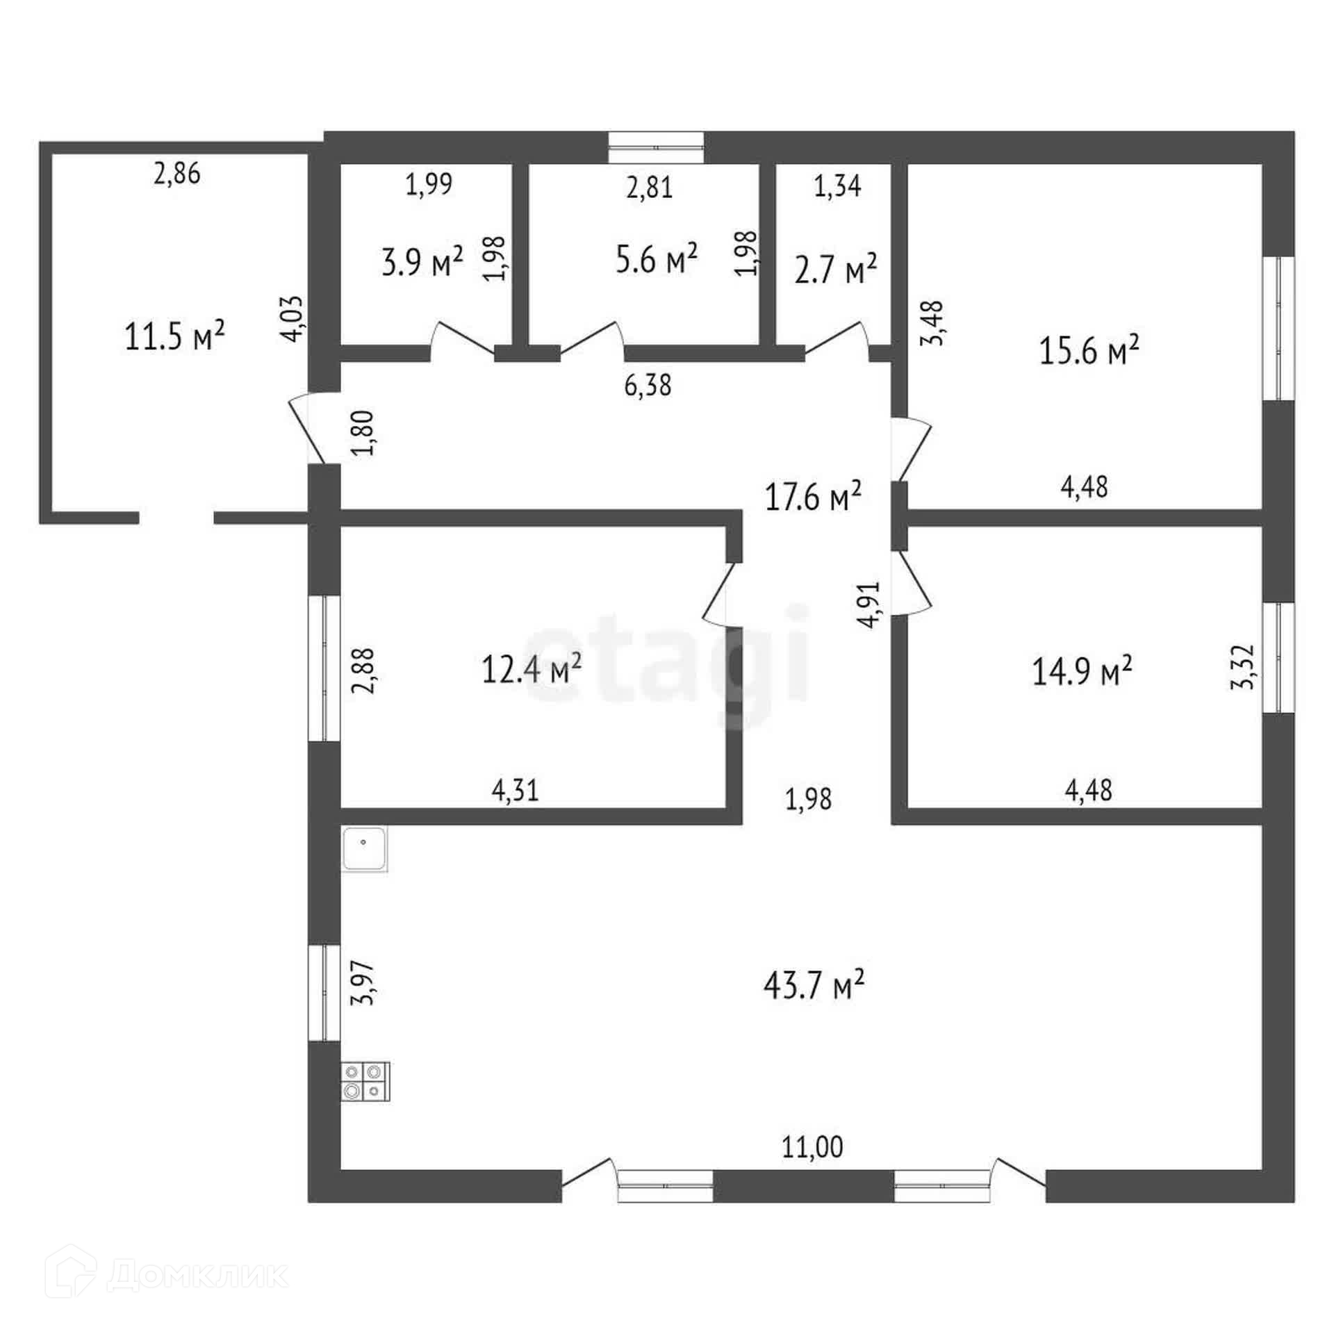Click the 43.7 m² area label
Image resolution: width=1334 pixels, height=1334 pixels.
[814, 985]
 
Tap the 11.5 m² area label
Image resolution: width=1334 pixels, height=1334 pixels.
[175, 336]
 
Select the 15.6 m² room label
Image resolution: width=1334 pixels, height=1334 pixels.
[1089, 351]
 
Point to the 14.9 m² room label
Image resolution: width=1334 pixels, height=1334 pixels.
[1082, 671]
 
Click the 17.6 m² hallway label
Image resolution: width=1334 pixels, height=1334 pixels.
[813, 496]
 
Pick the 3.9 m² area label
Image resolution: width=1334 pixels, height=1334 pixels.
[422, 263]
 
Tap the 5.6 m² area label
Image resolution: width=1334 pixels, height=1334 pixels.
[657, 258]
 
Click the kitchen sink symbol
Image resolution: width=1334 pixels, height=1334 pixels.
[365, 848]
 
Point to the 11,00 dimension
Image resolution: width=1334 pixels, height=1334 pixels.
[812, 1147]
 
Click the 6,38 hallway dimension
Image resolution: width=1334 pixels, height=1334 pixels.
[648, 384]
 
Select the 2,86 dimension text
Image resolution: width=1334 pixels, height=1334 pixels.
[176, 173]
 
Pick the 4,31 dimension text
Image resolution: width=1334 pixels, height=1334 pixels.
[515, 790]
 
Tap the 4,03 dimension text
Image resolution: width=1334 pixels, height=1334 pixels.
[292, 318]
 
